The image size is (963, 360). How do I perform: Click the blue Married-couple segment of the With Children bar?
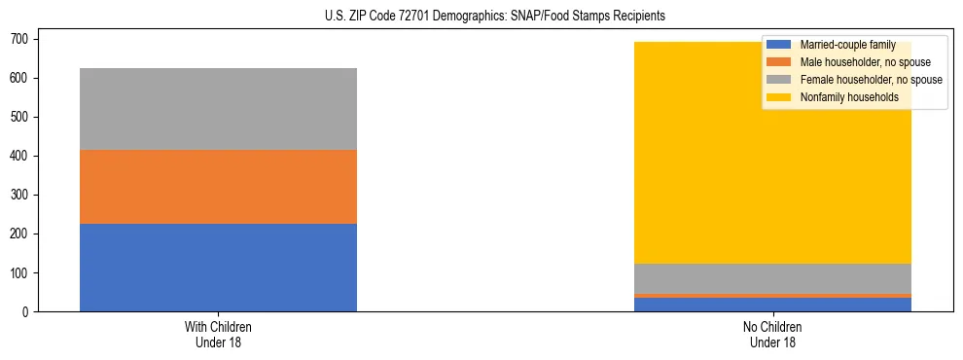pyautogui.click(x=218, y=268)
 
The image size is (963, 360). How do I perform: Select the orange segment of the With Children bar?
pyautogui.click(x=218, y=187)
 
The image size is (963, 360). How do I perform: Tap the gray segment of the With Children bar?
pyautogui.click(x=218, y=109)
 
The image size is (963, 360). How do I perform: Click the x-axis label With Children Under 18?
pyautogui.click(x=218, y=334)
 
